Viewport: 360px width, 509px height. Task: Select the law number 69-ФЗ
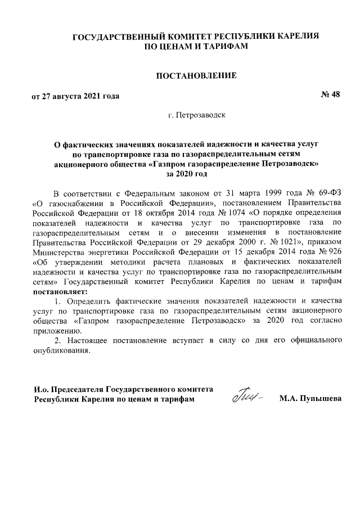(330, 192)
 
